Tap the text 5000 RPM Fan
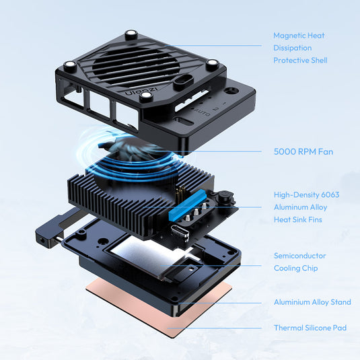point(303,151)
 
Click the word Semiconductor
point(299,256)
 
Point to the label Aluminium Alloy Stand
point(312,302)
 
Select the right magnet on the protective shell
point(212,65)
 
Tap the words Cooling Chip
point(295,268)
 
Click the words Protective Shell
point(300,60)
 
